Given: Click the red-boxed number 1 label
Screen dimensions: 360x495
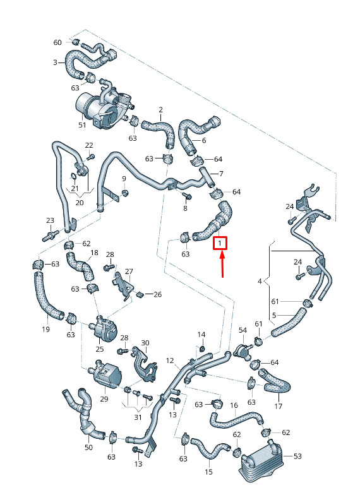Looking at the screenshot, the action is tap(220, 244).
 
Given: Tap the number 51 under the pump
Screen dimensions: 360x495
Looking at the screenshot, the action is tap(82, 125).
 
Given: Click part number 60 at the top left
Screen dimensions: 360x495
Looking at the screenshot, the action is tap(57, 42).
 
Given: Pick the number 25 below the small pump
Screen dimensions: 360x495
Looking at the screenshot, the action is tap(100, 349).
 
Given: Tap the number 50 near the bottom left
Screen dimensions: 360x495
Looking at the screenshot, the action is tap(88, 447).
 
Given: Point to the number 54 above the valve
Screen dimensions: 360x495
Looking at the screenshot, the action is tap(243, 330).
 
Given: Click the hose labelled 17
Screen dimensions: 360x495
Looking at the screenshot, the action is tap(274, 382).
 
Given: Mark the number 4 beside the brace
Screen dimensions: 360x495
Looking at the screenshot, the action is tap(260, 281).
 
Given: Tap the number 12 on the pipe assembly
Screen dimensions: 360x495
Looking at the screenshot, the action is tap(170, 360).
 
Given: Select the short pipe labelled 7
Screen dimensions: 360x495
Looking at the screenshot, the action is tap(207, 177).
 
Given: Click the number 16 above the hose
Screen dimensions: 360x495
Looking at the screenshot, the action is tap(234, 405).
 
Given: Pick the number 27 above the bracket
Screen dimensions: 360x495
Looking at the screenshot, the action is tap(129, 271).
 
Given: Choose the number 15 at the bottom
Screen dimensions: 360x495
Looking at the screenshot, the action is tap(208, 472).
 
